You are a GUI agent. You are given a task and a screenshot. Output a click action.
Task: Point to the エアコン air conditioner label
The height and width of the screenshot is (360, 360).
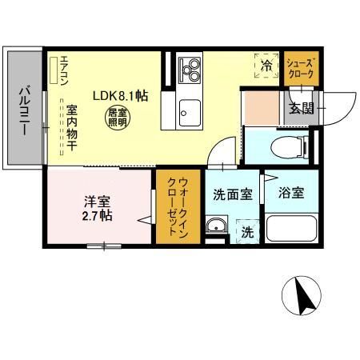point(55,71)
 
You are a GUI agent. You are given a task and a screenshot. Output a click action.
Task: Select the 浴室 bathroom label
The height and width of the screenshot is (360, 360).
point(290,193)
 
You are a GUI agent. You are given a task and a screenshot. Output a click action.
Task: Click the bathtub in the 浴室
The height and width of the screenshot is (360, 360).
point(292,228)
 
